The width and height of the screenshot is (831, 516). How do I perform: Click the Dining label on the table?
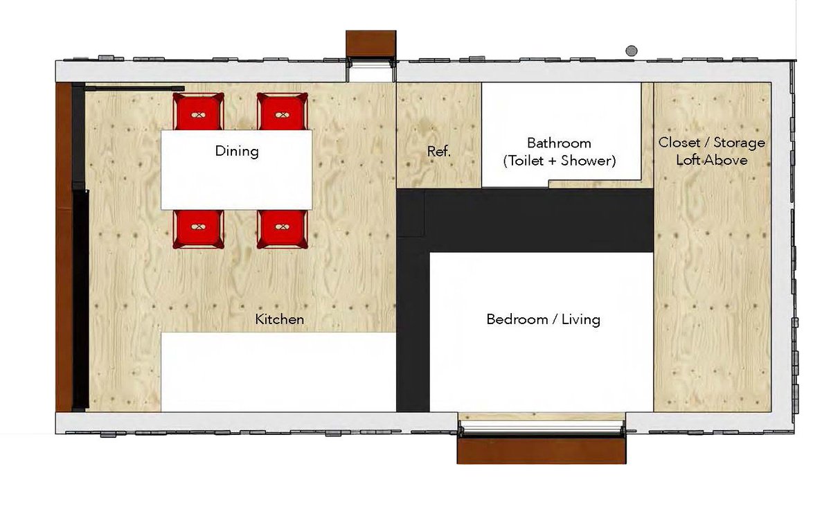point(237,151)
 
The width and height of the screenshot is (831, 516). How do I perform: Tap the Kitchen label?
point(279,319)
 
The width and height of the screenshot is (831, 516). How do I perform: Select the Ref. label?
point(438,151)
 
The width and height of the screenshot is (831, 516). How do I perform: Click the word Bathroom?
point(559,143)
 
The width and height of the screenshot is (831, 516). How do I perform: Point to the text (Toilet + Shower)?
point(560,161)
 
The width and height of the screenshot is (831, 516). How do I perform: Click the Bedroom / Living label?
point(543,319)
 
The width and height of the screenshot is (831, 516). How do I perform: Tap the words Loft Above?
point(712,160)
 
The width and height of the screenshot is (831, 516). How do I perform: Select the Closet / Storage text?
point(712,143)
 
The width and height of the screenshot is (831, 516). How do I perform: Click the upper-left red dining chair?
point(199,112)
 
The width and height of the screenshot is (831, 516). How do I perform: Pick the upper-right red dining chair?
point(283,112)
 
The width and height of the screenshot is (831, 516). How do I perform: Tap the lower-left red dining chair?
point(199,229)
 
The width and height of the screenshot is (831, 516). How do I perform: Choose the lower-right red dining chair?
point(283,229)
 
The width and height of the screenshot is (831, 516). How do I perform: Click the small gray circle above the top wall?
point(632,51)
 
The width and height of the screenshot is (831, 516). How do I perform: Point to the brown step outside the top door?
point(371,44)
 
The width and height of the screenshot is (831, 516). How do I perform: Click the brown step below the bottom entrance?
point(542,450)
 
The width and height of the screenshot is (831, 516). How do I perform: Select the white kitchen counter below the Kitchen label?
point(278,372)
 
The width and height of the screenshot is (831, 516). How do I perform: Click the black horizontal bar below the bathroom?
point(525,220)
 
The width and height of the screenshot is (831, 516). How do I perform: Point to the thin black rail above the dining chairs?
point(134,89)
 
